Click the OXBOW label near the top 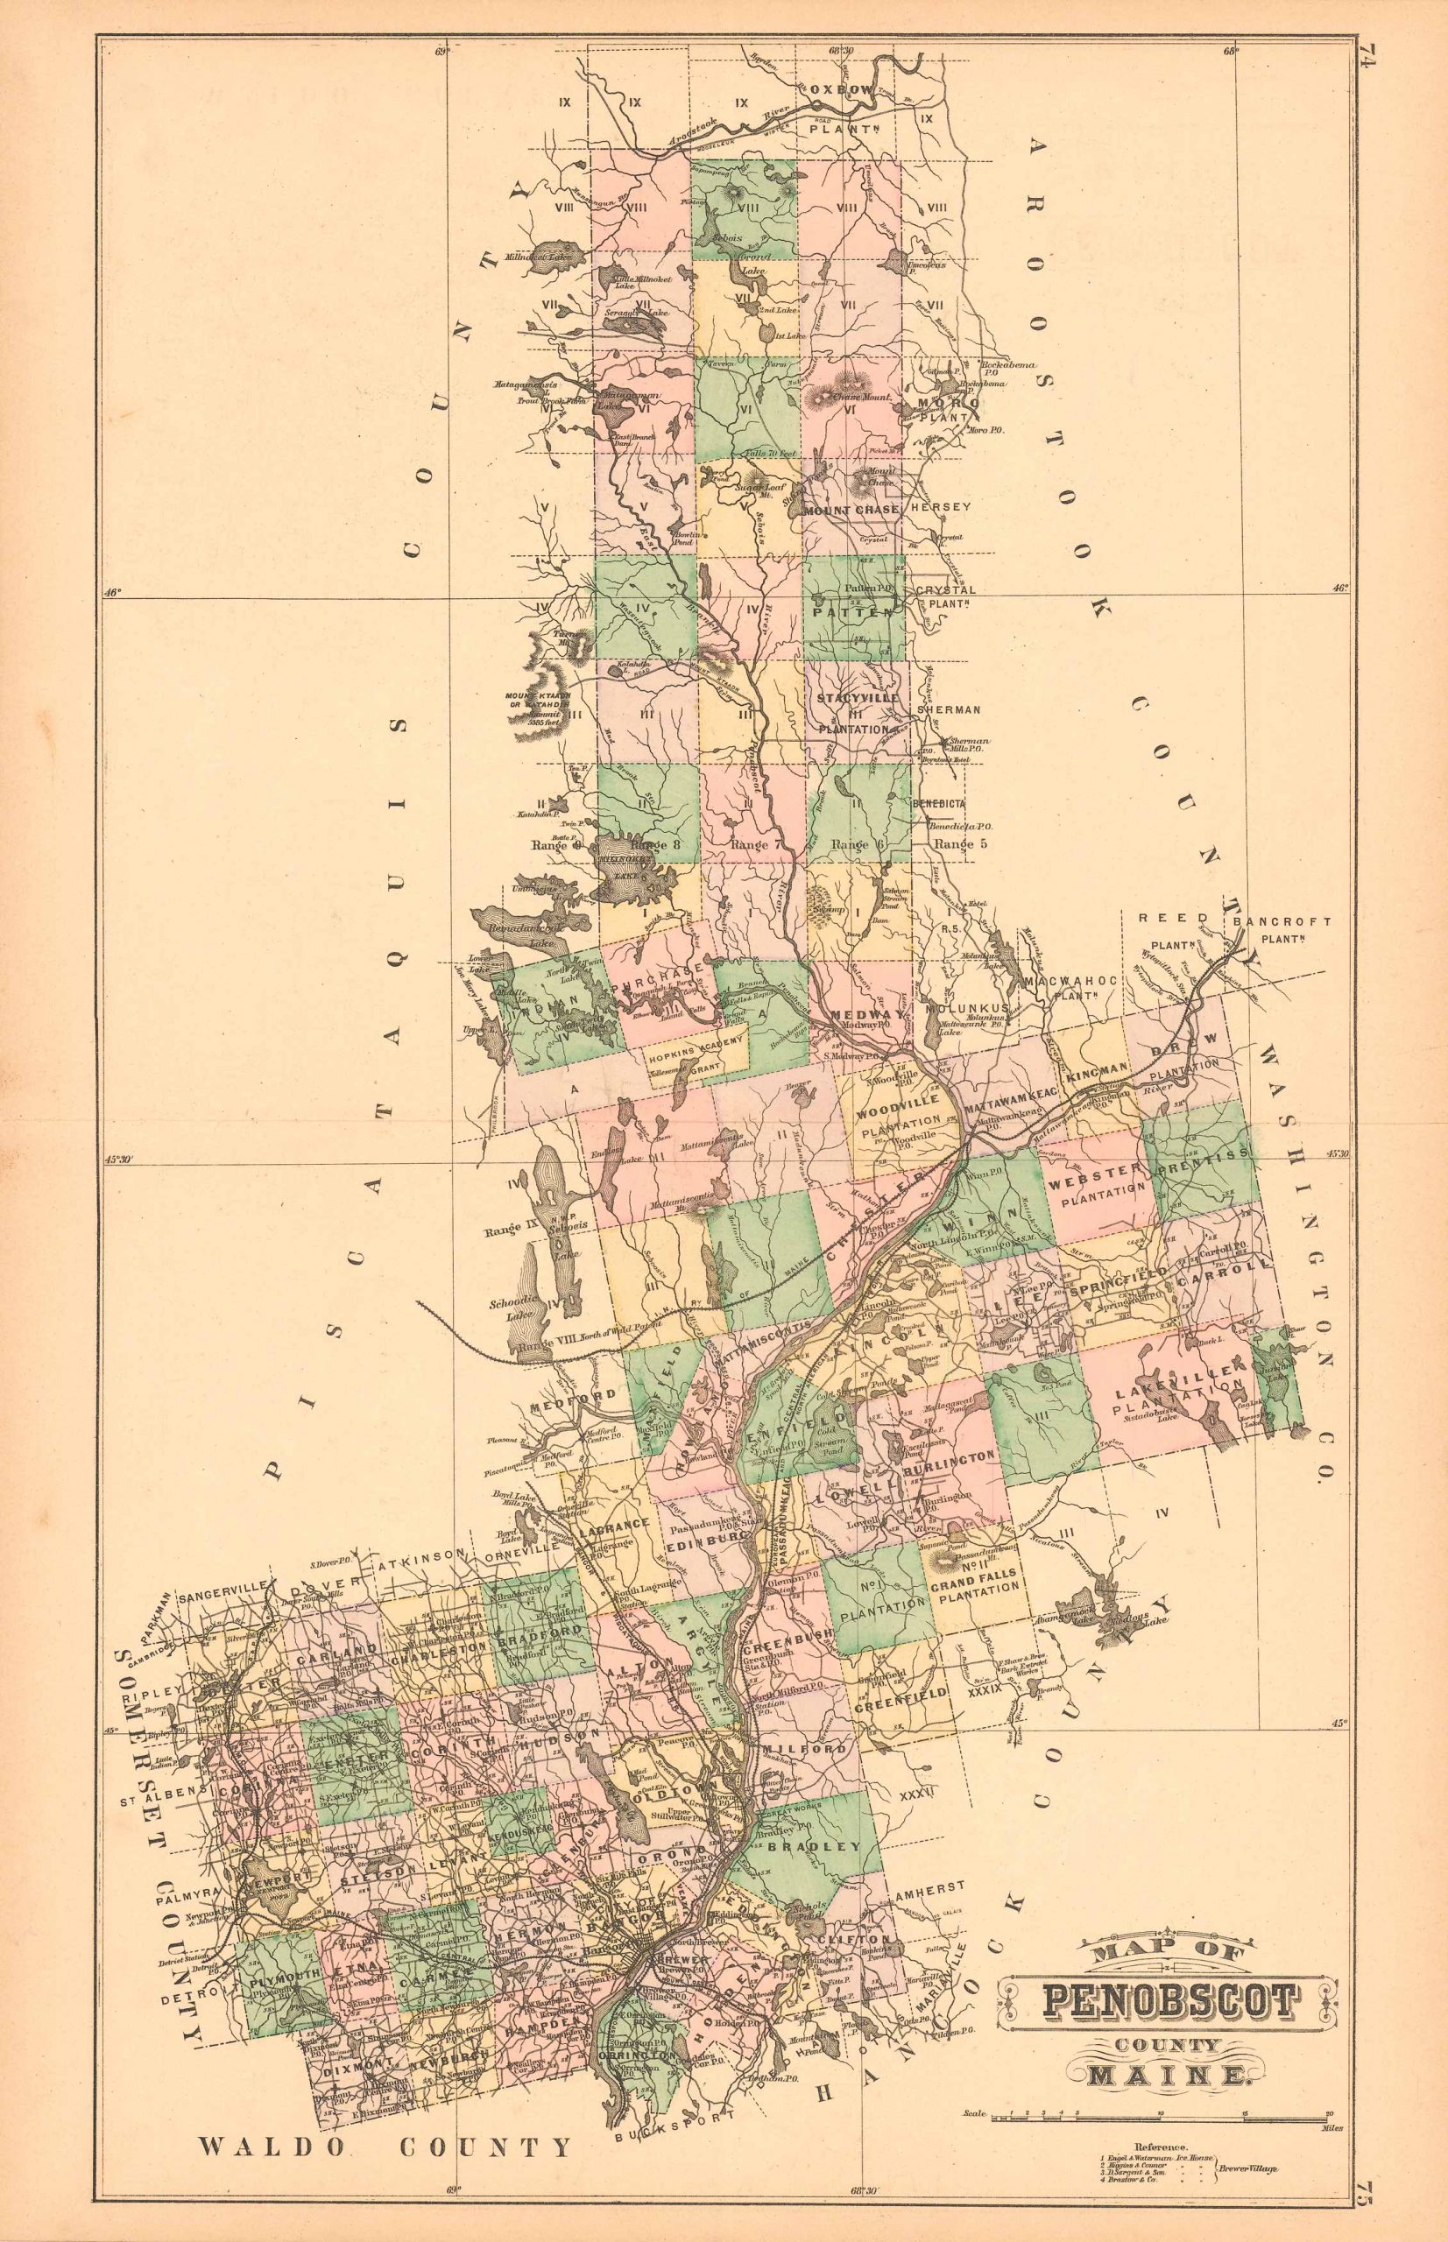[857, 88]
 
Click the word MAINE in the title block [1169, 2014]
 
